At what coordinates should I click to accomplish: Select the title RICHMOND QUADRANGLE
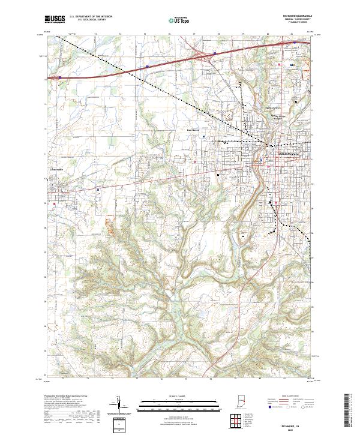(x=293, y=16)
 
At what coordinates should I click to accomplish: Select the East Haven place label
(x=191, y=128)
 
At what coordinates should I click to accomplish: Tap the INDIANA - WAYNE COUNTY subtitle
(x=293, y=19)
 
